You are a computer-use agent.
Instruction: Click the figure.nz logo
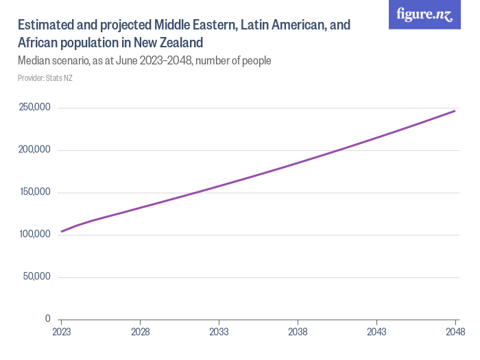[424, 14]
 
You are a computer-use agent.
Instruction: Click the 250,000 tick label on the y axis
[34, 108]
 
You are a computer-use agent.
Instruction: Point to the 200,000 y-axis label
[34, 149]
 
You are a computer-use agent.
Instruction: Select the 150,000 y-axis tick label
[34, 192]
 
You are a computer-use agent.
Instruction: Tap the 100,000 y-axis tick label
[34, 235]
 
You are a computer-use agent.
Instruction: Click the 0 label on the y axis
[48, 319]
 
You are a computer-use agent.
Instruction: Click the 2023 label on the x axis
[62, 332]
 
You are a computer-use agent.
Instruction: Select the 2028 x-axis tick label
[140, 332]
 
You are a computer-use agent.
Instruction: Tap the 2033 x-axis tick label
[219, 332]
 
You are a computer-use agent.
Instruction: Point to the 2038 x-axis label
[298, 332]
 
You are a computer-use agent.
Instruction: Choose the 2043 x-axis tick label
[376, 332]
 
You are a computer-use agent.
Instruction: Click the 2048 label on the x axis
[455, 332]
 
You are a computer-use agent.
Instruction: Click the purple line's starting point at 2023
[62, 231]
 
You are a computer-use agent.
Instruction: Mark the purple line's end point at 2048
[455, 110]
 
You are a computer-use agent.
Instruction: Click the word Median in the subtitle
[35, 61]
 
